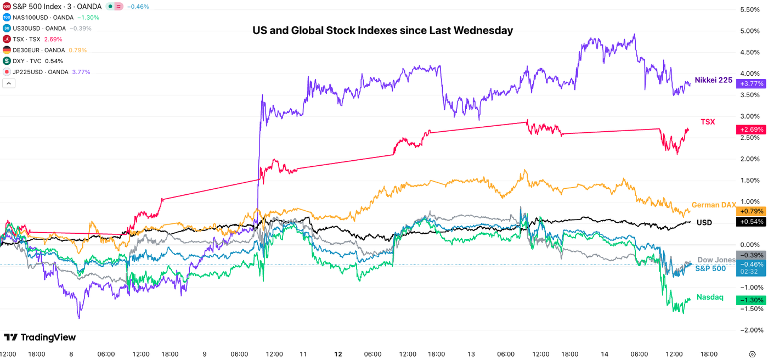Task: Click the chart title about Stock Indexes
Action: (x=382, y=31)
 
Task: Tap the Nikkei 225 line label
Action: (x=713, y=80)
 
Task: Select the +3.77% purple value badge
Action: (x=752, y=83)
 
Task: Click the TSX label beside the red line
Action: (x=708, y=122)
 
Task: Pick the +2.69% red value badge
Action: (x=752, y=130)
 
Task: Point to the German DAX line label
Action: (x=713, y=205)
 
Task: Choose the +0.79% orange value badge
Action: (x=752, y=211)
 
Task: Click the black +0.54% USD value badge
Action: (x=752, y=222)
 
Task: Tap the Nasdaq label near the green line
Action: (x=710, y=297)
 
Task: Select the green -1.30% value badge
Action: (x=752, y=300)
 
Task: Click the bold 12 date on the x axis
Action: (x=338, y=354)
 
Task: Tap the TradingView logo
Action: (x=39, y=337)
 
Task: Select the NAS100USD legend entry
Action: (x=38, y=18)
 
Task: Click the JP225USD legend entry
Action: (x=38, y=72)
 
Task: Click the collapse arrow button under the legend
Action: (x=9, y=83)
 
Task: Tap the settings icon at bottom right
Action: (x=752, y=354)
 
